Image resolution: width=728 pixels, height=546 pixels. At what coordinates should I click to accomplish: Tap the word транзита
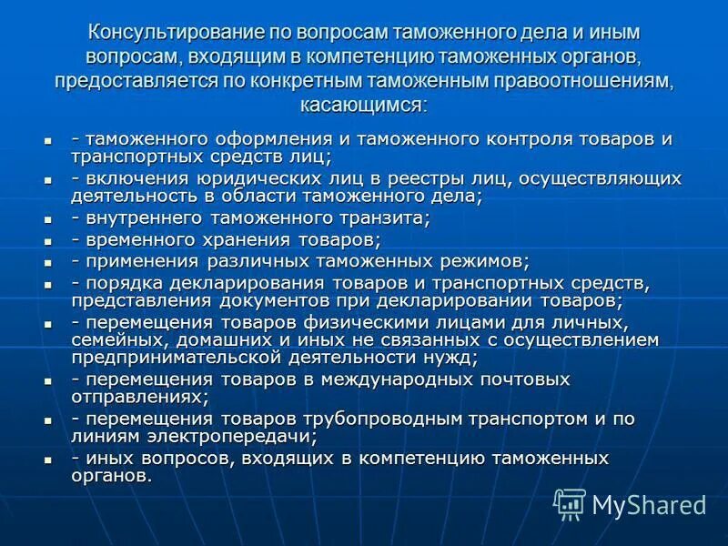click(x=379, y=219)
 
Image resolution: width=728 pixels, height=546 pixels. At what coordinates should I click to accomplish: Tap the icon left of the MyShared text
click(x=570, y=503)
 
